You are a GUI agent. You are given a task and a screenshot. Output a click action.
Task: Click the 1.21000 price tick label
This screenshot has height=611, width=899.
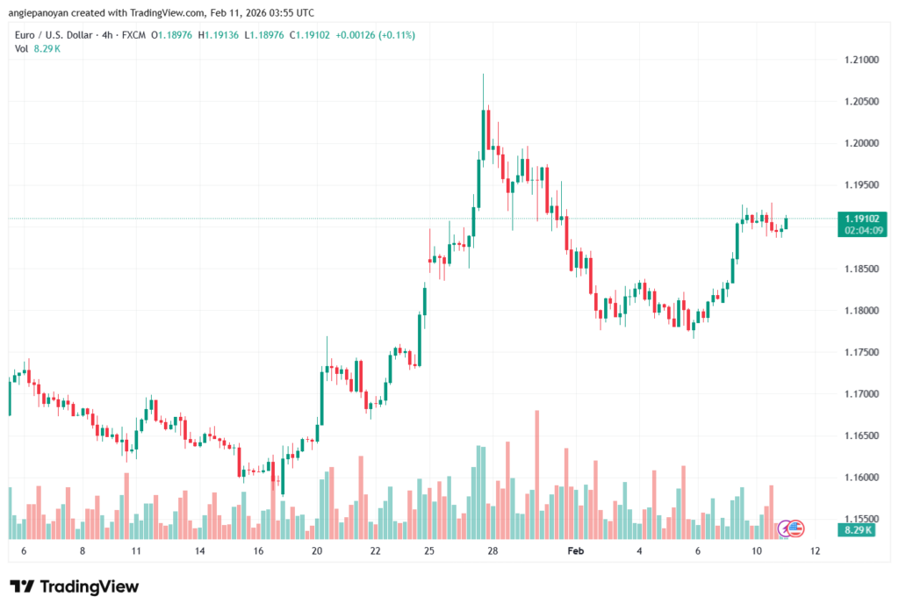[x=858, y=60]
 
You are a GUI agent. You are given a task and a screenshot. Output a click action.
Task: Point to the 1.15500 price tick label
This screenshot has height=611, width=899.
[x=858, y=519]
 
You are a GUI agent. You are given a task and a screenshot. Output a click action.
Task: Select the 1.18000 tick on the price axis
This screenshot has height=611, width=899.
[x=858, y=311]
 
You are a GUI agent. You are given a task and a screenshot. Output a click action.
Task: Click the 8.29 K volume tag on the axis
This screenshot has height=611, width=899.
[x=856, y=530]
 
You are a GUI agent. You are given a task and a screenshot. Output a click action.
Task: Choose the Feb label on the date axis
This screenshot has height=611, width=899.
[x=576, y=550]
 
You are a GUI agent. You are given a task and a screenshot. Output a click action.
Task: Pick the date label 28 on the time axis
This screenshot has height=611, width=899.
[x=493, y=550]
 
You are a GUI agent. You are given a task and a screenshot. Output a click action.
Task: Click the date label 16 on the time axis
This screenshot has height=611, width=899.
[x=258, y=550]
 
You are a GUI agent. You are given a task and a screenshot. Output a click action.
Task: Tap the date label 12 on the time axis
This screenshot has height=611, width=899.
[x=816, y=550]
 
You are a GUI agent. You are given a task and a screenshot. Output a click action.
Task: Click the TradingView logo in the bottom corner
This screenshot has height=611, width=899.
[x=74, y=586]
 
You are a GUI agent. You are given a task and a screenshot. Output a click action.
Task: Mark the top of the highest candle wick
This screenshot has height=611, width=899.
[x=484, y=75]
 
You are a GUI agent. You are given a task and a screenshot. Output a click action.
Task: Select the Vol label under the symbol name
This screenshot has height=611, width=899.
[x=21, y=48]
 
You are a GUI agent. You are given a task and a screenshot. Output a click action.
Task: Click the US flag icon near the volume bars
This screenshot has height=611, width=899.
[x=795, y=528]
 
